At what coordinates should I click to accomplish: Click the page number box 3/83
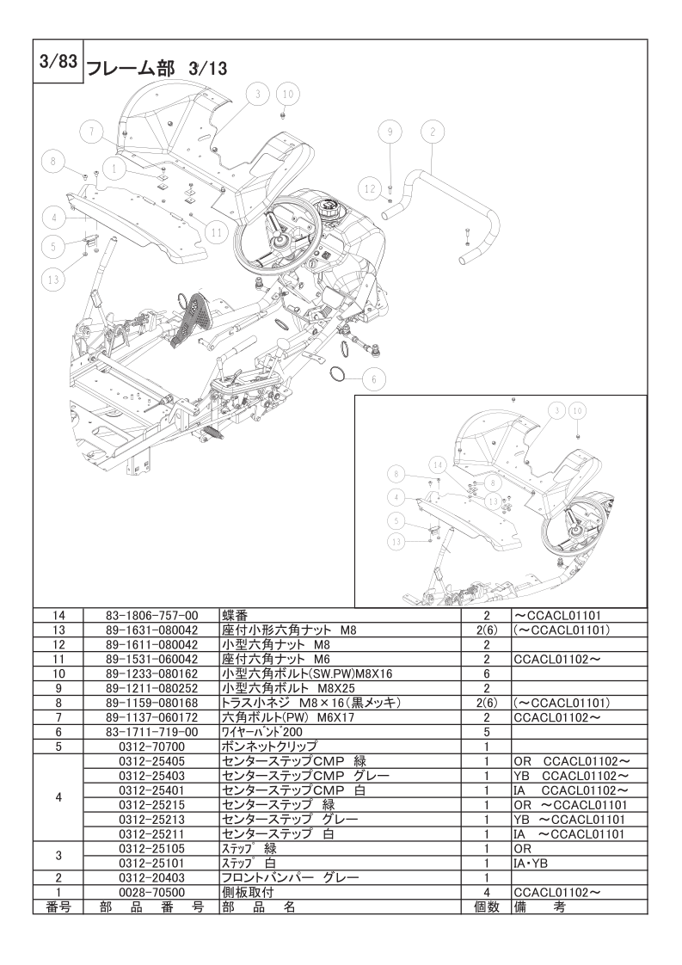58,64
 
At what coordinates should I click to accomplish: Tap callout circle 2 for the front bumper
432,132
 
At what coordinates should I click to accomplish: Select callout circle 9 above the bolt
390,132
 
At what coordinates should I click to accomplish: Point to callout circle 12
369,187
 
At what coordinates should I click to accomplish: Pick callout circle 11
216,230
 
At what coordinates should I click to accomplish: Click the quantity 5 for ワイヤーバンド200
486,731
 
